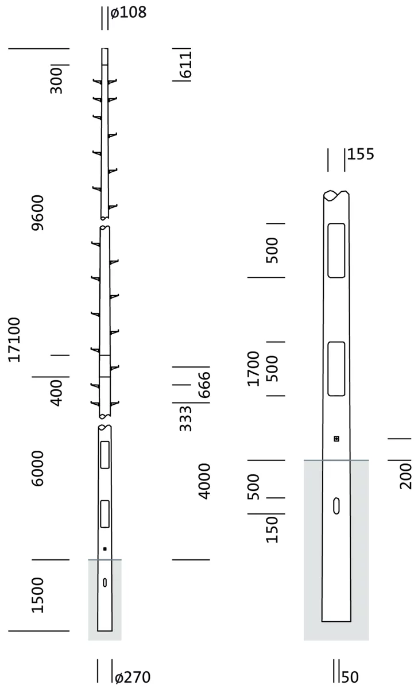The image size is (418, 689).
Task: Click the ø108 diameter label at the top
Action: tap(128, 13)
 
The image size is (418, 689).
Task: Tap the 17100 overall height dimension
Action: tap(14, 339)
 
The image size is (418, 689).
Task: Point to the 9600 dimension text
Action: tap(38, 212)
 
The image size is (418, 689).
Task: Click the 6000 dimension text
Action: tap(38, 469)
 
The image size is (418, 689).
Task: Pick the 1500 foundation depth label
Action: tap(38, 595)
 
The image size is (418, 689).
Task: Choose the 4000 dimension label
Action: tap(204, 481)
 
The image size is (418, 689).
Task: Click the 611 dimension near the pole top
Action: tap(186, 64)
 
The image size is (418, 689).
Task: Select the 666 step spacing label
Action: tap(204, 385)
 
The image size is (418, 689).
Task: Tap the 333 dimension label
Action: tap(186, 419)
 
